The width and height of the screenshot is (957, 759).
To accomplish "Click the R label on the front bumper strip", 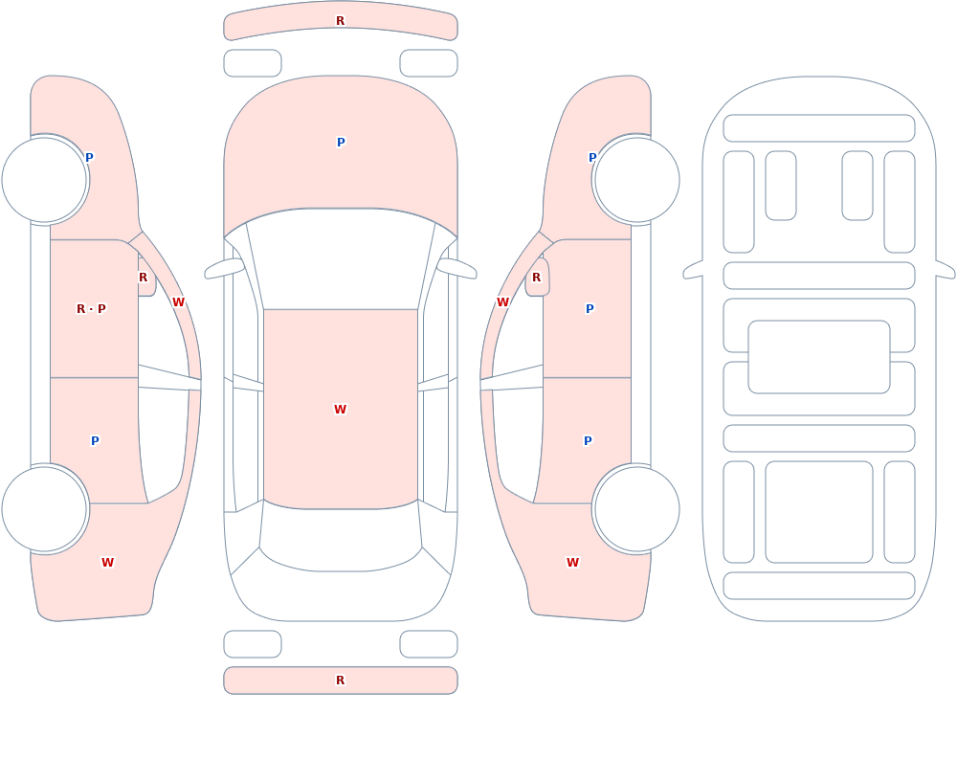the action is (x=340, y=21).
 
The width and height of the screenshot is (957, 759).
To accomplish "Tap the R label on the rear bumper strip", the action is (x=340, y=681).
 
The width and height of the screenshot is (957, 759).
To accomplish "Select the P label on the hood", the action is (x=341, y=143).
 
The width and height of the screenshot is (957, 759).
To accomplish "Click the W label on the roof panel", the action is (x=340, y=409).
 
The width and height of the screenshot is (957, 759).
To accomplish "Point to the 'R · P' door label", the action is (x=91, y=308).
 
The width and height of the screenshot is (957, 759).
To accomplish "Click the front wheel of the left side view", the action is (x=45, y=180).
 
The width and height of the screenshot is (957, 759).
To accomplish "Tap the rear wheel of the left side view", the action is (x=45, y=508).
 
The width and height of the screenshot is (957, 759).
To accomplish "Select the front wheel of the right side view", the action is (x=636, y=180).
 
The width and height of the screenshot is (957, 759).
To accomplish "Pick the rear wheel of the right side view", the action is (x=636, y=508).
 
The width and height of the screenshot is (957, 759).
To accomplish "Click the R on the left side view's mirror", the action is (x=143, y=278).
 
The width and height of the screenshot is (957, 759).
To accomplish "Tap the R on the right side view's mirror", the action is (x=537, y=278).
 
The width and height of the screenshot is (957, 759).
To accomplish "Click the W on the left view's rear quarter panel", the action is (x=107, y=563).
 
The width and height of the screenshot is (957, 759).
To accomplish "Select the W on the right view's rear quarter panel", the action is (x=572, y=563).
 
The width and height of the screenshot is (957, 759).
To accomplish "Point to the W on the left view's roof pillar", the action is (x=178, y=301).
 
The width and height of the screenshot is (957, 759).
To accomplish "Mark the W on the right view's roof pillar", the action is (x=503, y=301).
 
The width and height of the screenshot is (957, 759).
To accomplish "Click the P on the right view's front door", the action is (x=590, y=308).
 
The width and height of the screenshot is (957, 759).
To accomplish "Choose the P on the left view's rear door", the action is (x=95, y=440).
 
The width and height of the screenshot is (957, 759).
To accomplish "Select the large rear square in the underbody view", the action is (x=819, y=512).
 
